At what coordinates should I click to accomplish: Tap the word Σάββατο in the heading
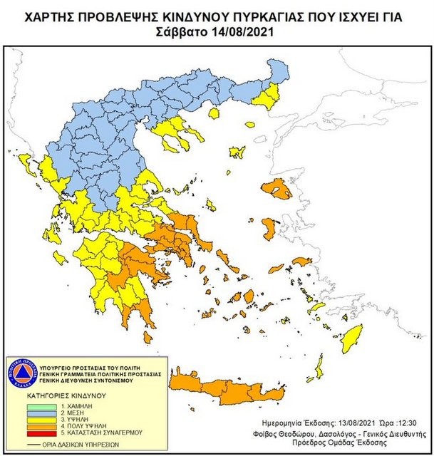180,31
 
